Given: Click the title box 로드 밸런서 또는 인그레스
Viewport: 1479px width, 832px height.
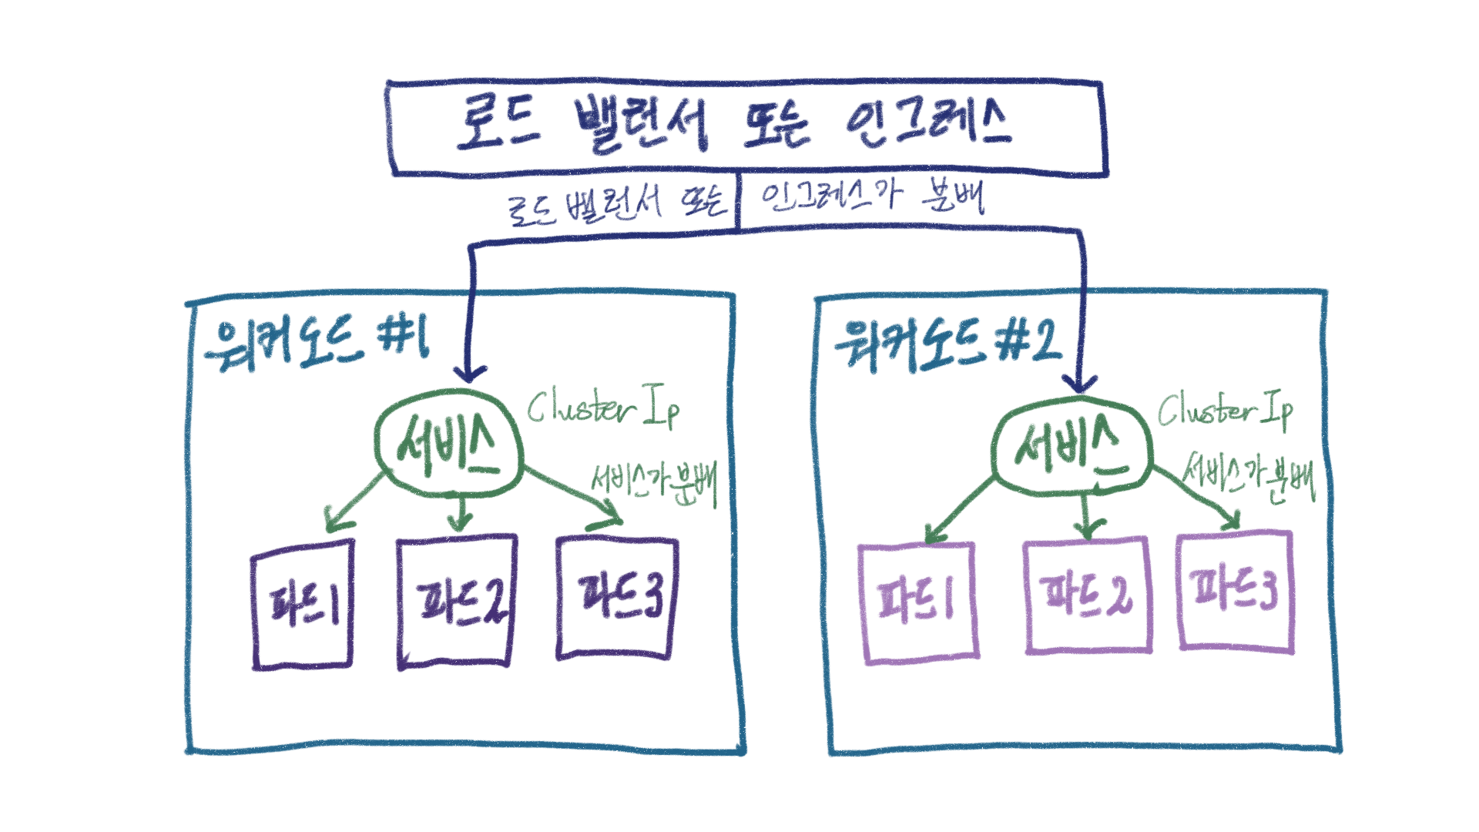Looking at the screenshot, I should (746, 127).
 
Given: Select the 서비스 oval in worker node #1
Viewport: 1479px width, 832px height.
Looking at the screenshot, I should (449, 445).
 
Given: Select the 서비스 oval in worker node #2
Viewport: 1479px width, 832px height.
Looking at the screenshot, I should (1072, 446).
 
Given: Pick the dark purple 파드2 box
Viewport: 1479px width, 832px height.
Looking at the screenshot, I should (456, 602).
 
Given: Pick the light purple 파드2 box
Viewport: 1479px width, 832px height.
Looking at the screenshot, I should (1087, 595).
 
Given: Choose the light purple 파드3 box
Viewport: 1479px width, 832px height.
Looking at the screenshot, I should (1234, 592).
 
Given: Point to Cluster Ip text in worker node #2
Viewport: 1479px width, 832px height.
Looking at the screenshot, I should (1225, 410).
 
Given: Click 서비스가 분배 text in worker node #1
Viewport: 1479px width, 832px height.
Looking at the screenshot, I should (653, 483).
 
